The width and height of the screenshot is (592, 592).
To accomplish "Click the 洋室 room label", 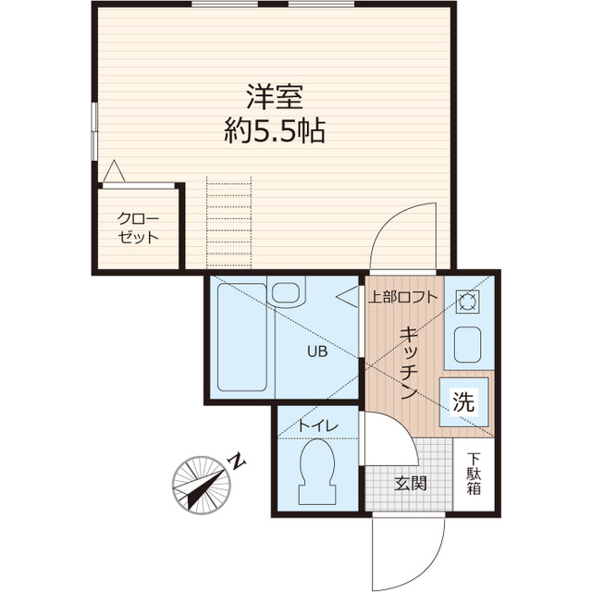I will click(x=275, y=96).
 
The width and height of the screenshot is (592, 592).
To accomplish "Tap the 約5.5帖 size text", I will click(x=275, y=131).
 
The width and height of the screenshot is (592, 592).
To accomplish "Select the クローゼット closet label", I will click(x=138, y=227).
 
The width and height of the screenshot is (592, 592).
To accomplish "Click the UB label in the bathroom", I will click(x=316, y=351).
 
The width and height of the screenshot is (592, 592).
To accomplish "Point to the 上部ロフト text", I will click(x=401, y=298).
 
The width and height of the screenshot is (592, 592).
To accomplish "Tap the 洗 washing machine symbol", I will click(x=463, y=402).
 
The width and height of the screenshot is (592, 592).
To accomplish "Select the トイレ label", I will click(x=316, y=425).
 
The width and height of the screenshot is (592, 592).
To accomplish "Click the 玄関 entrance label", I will click(x=410, y=483).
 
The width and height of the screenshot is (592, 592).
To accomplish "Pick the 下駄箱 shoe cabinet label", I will click(x=474, y=473).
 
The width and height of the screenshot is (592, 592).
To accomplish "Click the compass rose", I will click(x=200, y=484).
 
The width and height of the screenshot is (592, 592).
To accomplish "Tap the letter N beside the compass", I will click(x=237, y=460).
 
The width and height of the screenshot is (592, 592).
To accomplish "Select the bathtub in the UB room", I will click(x=240, y=339).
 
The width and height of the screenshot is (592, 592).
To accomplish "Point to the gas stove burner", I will click(x=465, y=301).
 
